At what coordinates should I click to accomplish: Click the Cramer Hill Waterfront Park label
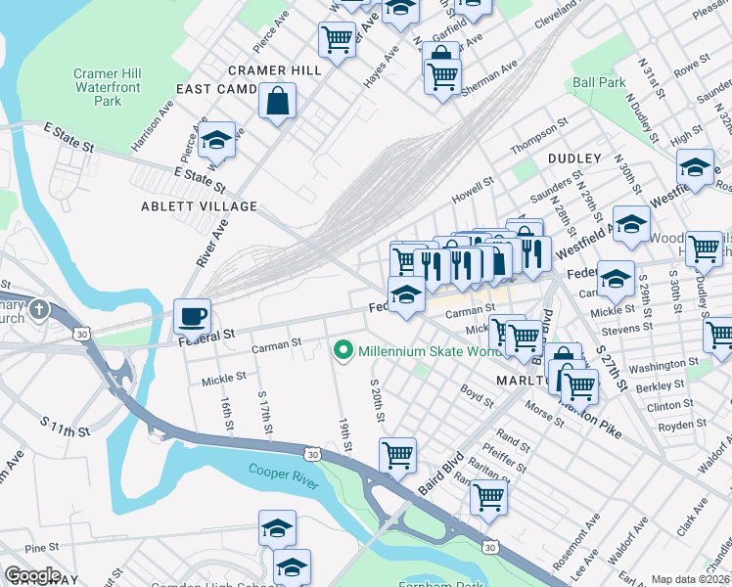(x=110, y=87)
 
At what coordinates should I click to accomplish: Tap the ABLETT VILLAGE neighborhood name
(x=199, y=206)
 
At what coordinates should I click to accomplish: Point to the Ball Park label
(x=599, y=83)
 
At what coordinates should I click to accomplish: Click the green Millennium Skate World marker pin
(x=343, y=350)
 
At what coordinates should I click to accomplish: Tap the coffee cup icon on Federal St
(x=192, y=316)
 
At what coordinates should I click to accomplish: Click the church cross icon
(x=38, y=310)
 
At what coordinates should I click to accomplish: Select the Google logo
(x=32, y=575)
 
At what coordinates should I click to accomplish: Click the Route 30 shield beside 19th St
(x=311, y=454)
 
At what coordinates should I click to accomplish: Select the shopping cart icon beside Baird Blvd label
(x=397, y=453)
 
